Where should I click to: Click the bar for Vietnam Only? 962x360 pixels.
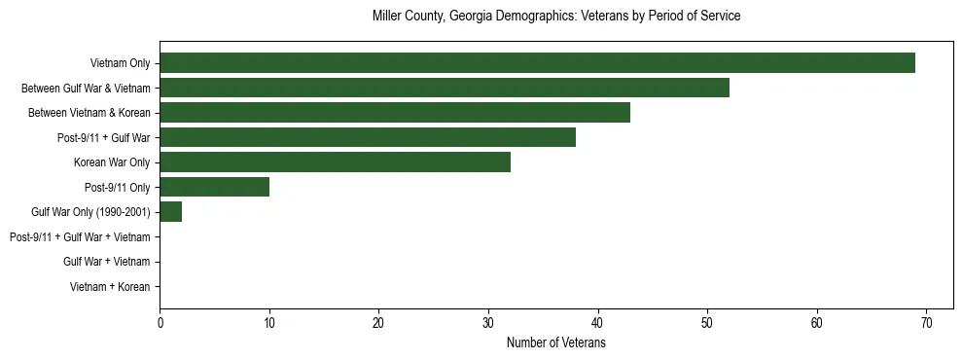[537, 63]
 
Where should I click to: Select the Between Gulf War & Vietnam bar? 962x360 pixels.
[445, 89]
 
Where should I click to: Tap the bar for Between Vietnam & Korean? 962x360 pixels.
[395, 113]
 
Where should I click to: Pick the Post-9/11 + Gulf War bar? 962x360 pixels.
[368, 137]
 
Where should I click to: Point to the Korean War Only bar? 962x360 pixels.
[335, 162]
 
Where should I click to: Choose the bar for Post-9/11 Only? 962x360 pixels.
[214, 187]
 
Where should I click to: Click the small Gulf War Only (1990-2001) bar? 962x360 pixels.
[170, 212]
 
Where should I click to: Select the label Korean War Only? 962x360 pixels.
[112, 162]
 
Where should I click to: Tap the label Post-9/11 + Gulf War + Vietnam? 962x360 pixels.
[80, 236]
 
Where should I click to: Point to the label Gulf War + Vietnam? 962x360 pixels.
[107, 262]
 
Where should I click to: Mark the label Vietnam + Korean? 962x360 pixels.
[110, 286]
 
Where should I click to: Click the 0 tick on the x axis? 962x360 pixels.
[160, 322]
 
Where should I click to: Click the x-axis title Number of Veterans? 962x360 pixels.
[556, 342]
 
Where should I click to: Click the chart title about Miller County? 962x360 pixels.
[556, 17]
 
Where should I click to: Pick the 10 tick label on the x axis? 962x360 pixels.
[269, 322]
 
